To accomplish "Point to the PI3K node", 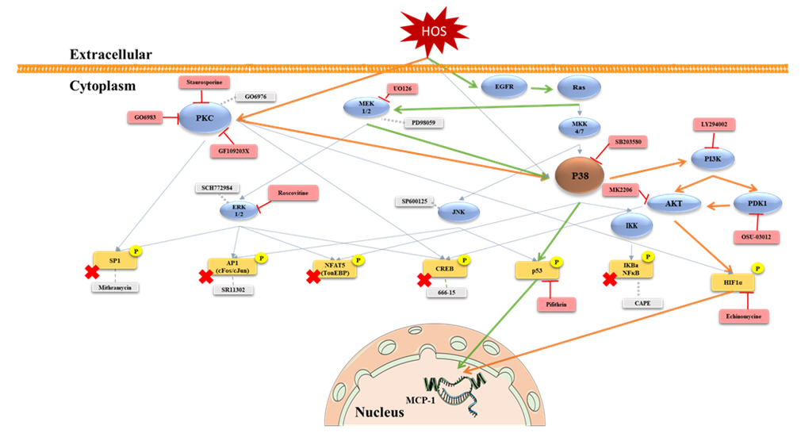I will pos(711,158).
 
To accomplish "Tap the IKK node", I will pos(630,226).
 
